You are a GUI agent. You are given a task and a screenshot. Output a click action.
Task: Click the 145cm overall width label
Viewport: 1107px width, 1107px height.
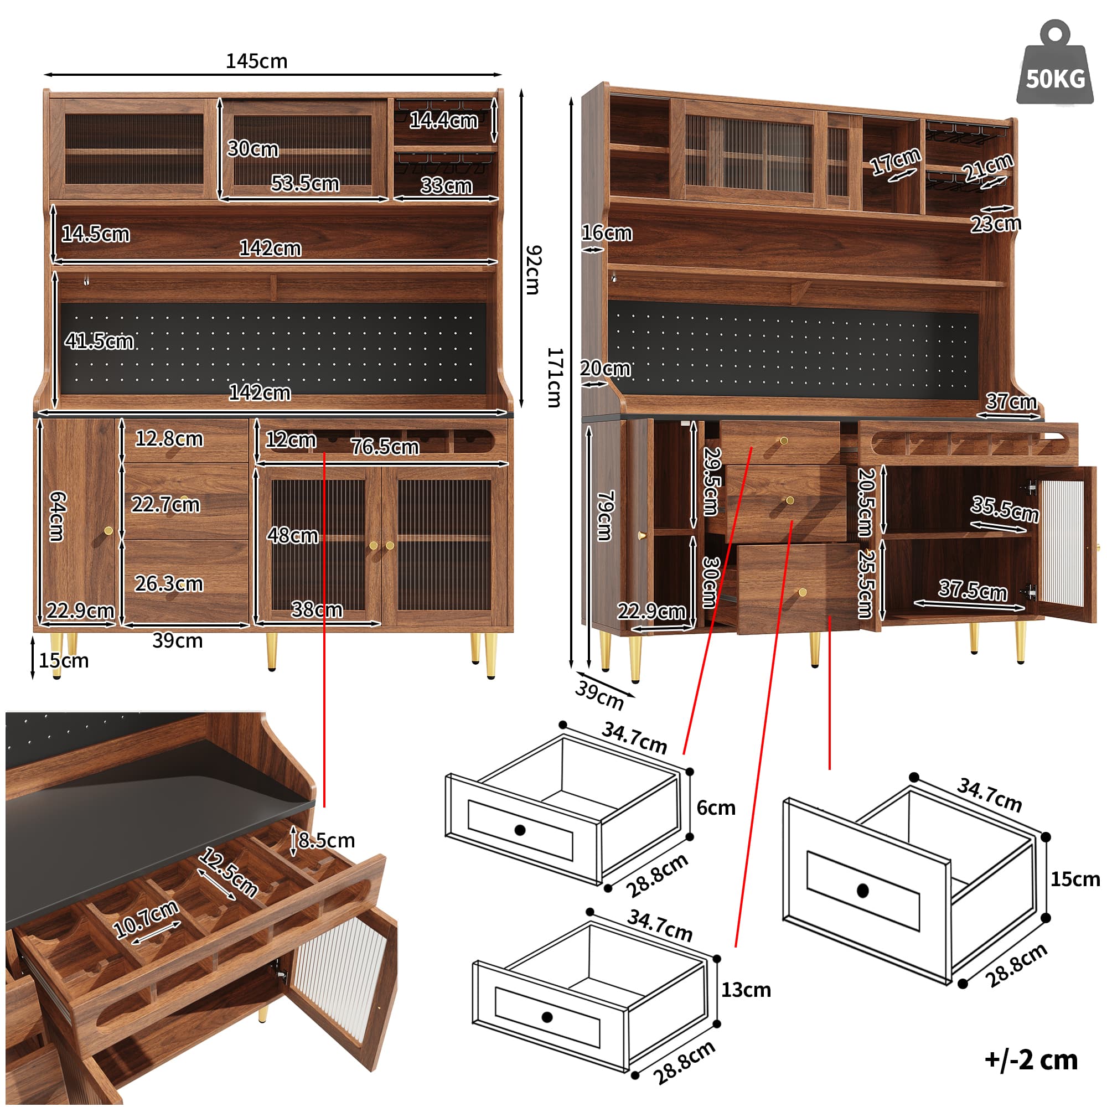[x=256, y=61]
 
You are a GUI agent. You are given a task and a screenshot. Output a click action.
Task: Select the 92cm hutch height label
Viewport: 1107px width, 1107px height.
[x=533, y=270]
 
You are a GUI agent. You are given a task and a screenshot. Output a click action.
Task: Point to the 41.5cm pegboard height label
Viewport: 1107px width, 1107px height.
[x=99, y=341]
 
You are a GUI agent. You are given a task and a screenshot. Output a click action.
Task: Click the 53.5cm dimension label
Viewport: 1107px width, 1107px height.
[x=305, y=183]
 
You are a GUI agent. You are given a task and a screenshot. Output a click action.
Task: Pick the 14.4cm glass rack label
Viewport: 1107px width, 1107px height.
[x=443, y=120]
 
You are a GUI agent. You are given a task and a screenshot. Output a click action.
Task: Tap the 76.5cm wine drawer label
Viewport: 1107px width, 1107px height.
[x=385, y=446]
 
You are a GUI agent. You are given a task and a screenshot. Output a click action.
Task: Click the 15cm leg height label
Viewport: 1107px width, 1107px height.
[x=64, y=661]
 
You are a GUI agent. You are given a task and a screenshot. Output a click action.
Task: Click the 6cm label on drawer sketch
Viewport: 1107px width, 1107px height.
[x=716, y=808]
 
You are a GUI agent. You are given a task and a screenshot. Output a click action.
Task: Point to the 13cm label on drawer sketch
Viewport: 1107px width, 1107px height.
[x=746, y=990]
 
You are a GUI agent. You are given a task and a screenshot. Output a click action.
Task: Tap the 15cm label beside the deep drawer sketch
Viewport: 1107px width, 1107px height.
[x=1074, y=879]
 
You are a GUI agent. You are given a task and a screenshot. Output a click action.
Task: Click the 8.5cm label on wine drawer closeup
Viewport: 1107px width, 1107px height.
[x=326, y=841]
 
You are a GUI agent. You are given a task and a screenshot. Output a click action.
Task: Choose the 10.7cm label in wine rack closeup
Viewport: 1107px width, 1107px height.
[x=146, y=918]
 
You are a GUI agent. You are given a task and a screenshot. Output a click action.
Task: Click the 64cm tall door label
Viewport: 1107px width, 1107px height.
[x=58, y=516]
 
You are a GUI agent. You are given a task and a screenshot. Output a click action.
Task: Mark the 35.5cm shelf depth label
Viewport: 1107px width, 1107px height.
[x=1005, y=509]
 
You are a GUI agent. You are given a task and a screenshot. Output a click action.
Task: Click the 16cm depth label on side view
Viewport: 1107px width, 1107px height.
[x=607, y=232]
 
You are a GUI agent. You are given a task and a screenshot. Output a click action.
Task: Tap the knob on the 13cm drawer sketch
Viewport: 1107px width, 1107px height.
[x=547, y=1017]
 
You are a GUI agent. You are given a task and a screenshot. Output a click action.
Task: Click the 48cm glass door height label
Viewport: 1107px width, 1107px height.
[x=292, y=536]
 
